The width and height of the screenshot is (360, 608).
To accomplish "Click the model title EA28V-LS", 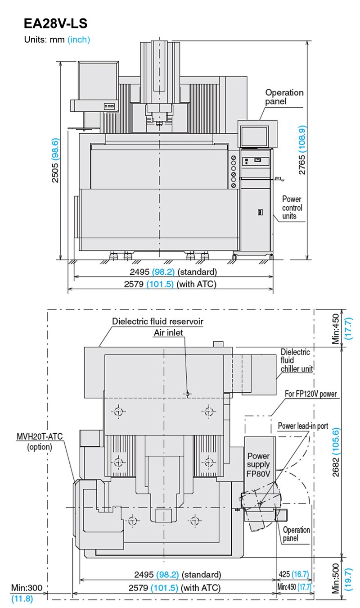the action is pos(56,23).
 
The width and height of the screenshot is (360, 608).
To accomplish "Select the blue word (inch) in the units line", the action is pos(79,40).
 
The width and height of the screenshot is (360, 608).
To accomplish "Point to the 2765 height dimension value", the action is pos(301,164).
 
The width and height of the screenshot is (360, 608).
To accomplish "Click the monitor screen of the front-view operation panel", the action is pos(254,136).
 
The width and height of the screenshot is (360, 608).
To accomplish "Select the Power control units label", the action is pos(292,208).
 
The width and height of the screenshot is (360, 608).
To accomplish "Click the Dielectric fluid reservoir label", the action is pos(157,322).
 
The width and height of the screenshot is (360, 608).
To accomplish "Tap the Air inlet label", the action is pos(168,333).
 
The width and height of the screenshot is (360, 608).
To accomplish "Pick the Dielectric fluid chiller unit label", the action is pos(297,360).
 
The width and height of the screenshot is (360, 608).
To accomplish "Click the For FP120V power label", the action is pos(310,394).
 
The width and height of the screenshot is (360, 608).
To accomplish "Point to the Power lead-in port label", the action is pos(303,426).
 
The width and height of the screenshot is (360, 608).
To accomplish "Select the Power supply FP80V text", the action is pos(258,465).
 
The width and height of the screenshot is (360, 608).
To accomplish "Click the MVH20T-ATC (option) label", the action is pos(40,442).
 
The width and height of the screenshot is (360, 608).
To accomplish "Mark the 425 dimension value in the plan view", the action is pos(284,574).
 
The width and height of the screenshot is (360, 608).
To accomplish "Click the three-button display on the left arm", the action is pos(109,106).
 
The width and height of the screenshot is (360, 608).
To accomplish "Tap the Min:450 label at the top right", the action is pos(336,329).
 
